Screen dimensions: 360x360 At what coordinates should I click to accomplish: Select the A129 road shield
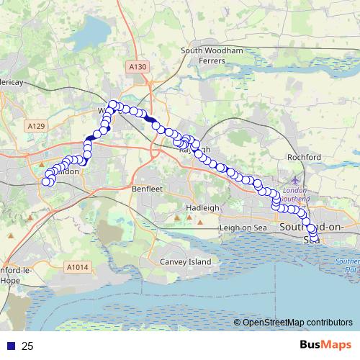[37, 126]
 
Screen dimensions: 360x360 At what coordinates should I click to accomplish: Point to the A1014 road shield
[77, 267]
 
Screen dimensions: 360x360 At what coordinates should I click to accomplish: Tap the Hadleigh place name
[203, 207]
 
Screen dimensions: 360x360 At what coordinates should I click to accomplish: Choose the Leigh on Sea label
[243, 228]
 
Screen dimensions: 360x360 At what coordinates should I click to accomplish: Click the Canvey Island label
[185, 261]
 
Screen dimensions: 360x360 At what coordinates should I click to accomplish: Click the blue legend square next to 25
[11, 346]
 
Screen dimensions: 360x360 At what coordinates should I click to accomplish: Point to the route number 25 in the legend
[27, 346]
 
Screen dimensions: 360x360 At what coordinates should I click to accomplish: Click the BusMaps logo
[325, 346]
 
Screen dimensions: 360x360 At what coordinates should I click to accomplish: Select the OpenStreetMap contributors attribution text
[297, 323]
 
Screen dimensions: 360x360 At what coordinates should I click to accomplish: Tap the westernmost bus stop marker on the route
[46, 181]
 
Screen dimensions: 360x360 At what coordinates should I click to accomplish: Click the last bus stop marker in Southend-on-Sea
[314, 238]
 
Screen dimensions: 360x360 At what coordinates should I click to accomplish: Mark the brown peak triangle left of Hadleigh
[177, 216]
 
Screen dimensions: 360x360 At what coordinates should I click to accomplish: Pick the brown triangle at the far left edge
[10, 235]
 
